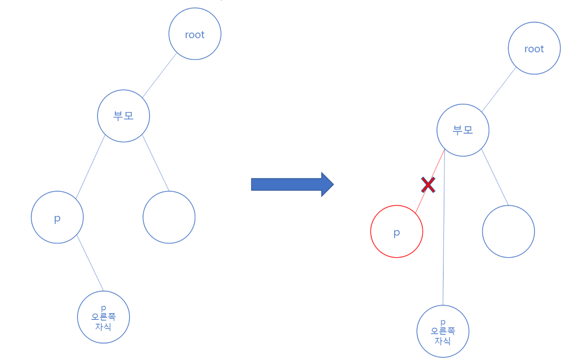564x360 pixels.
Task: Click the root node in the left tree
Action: pos(194,34)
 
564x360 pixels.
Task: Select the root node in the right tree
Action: pos(534,49)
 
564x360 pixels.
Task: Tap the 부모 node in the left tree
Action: pos(123,116)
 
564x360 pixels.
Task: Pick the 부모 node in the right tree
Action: pos(463,130)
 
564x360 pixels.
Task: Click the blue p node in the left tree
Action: pos(57,217)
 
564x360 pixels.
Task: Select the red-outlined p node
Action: pos(396,232)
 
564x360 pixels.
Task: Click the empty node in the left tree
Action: pos(169,217)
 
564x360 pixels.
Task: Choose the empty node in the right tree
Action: pos(508,232)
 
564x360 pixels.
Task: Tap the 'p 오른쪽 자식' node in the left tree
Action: pos(103,317)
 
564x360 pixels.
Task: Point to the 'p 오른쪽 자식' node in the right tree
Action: pos(443,331)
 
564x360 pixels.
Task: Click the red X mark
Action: pos(428,185)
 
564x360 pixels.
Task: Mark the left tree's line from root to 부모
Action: pos(159,75)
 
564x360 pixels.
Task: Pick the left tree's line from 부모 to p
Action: pos(91,166)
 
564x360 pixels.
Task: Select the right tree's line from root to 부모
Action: pos(499,89)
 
